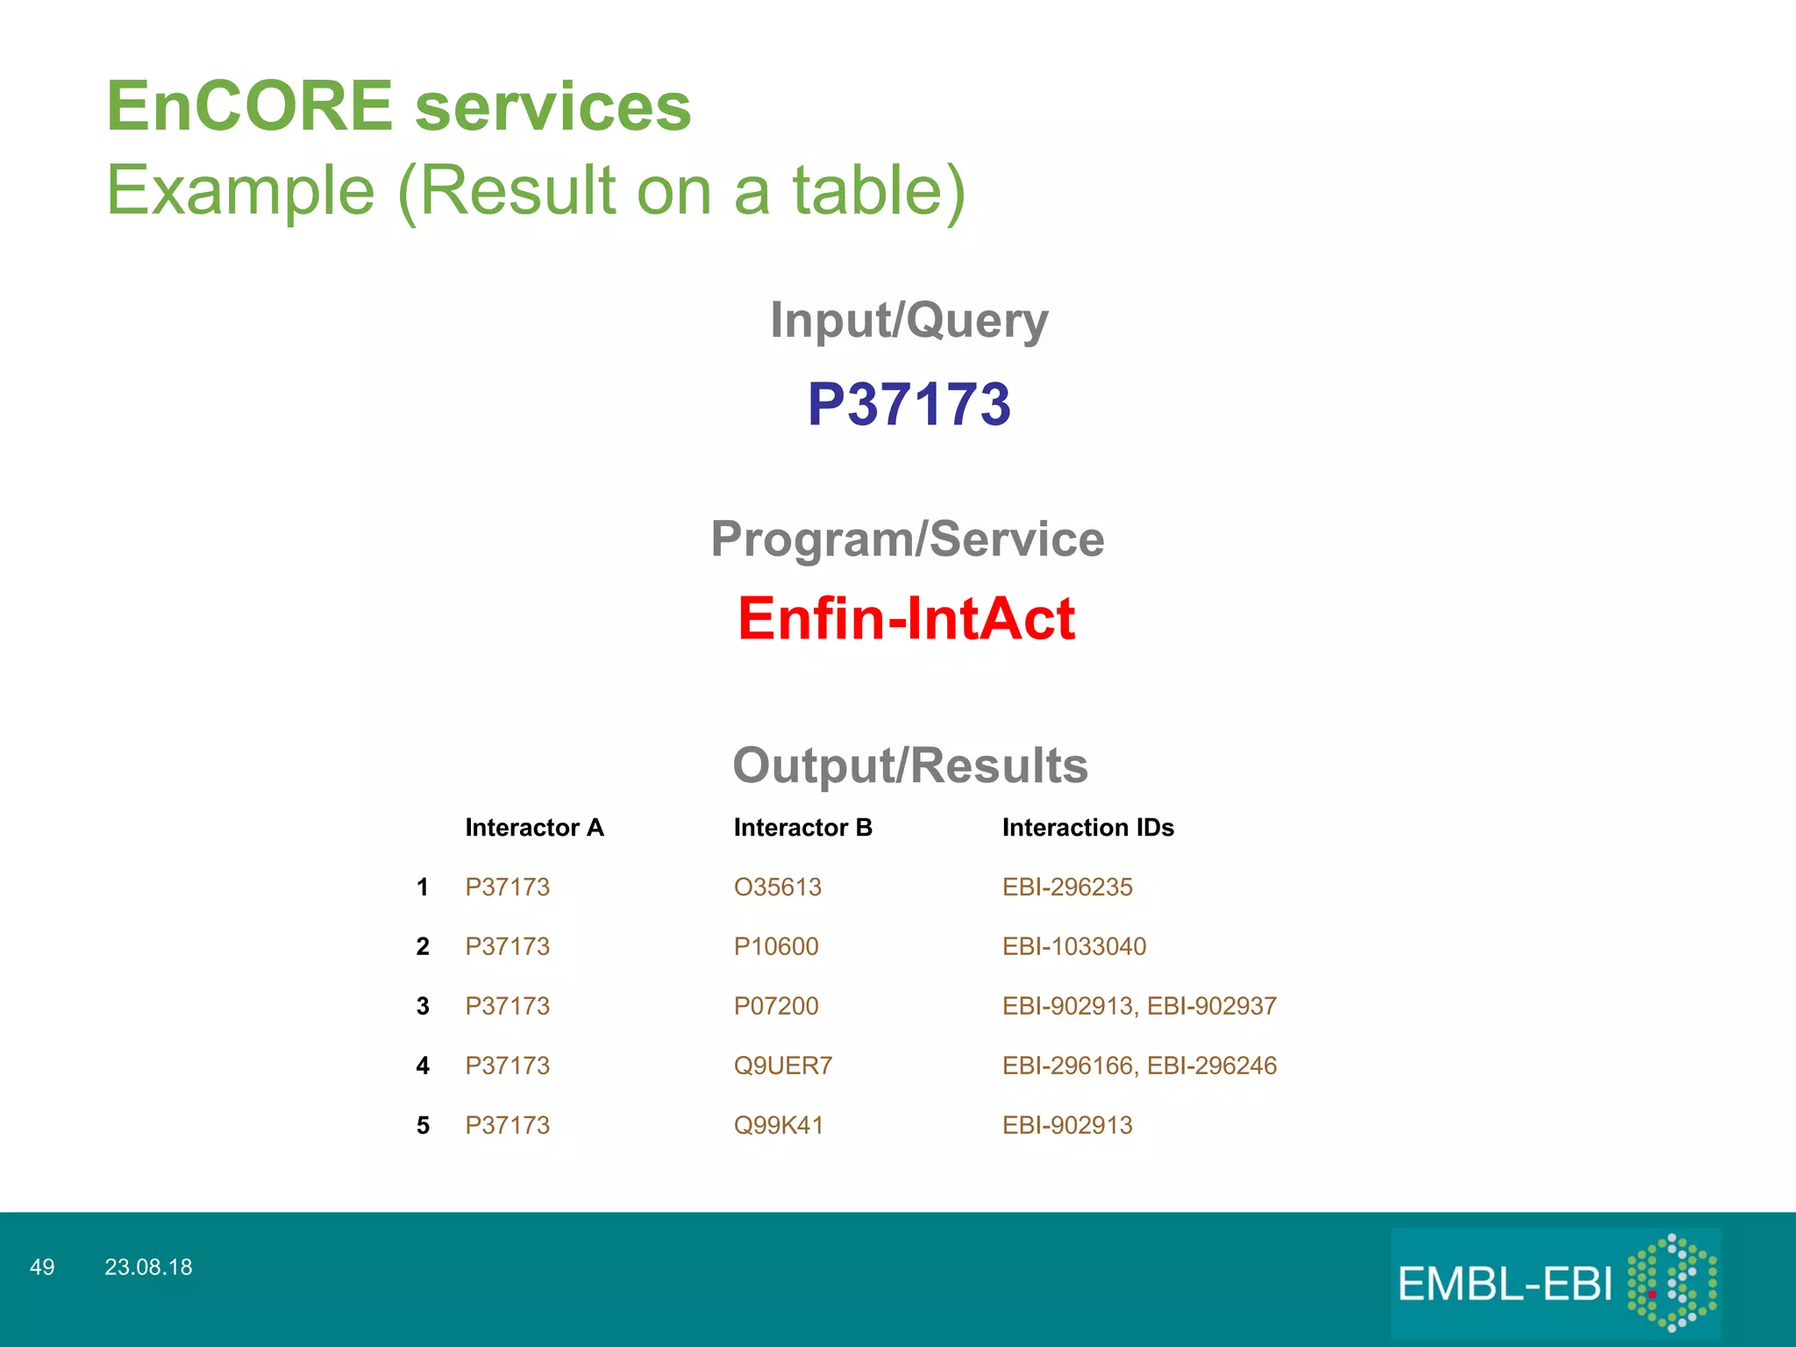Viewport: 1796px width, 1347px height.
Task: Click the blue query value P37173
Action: (x=909, y=405)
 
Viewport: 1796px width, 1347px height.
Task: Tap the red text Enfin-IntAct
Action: (x=906, y=619)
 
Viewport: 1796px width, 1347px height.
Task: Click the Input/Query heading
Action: (x=909, y=320)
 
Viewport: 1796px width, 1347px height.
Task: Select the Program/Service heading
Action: (x=907, y=538)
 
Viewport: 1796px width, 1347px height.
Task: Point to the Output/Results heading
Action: (x=909, y=765)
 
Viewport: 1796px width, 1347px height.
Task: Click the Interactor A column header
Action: (x=534, y=828)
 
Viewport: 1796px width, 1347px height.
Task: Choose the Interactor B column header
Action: (x=802, y=828)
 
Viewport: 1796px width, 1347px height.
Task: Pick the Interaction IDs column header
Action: (x=1087, y=828)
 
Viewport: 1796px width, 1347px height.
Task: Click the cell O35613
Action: (x=777, y=887)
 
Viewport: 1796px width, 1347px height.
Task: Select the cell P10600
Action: (x=775, y=947)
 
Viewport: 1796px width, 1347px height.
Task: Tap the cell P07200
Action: (x=775, y=1007)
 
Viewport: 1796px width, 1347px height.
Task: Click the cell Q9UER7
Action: (x=782, y=1066)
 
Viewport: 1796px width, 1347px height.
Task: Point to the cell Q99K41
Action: (x=778, y=1126)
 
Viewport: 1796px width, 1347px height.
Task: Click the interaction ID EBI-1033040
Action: (x=1073, y=947)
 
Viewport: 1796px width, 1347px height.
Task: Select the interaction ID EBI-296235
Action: (x=1066, y=887)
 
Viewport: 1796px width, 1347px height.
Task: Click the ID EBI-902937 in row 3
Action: (x=1211, y=1007)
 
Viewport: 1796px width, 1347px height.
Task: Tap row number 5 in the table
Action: (x=423, y=1126)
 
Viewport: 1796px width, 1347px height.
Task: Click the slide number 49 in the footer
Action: (x=42, y=1267)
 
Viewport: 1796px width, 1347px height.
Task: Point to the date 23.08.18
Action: (x=148, y=1267)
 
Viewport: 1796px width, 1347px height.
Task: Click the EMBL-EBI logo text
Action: (x=1504, y=1285)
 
